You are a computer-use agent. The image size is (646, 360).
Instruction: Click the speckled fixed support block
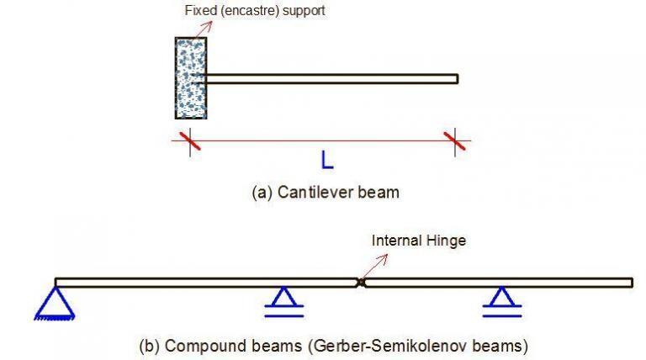(x=190, y=78)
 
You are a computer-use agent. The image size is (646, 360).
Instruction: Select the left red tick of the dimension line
(x=190, y=140)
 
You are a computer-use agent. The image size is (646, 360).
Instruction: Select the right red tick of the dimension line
(x=456, y=140)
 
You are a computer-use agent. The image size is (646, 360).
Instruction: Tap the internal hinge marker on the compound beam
(x=361, y=283)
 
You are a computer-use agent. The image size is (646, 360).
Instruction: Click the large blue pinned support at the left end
(x=55, y=304)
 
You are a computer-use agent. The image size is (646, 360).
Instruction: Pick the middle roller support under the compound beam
(x=283, y=301)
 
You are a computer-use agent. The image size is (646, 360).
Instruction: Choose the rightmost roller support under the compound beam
(x=502, y=301)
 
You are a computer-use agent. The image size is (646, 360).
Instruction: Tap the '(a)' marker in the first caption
(x=262, y=192)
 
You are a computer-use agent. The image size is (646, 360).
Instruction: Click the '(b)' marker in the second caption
(x=150, y=345)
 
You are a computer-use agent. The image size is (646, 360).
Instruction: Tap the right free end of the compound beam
(x=631, y=283)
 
